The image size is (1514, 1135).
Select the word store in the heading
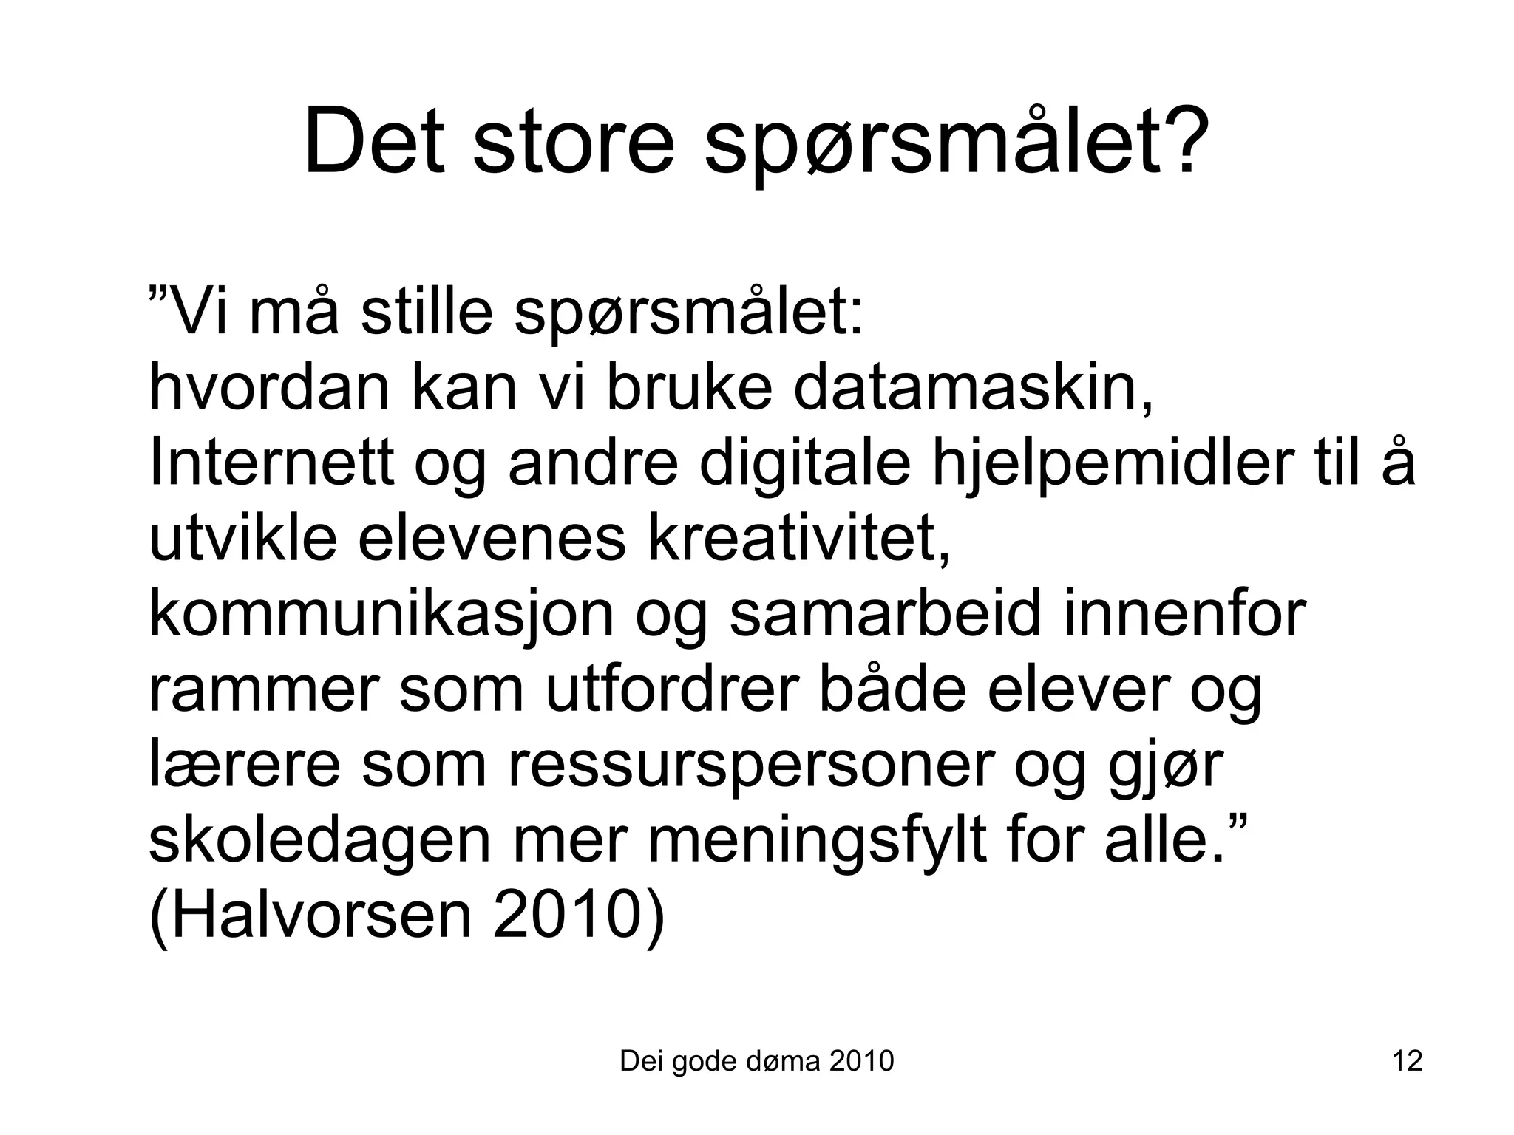574,142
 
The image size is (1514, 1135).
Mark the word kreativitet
798,539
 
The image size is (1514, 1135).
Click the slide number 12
1407,1061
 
